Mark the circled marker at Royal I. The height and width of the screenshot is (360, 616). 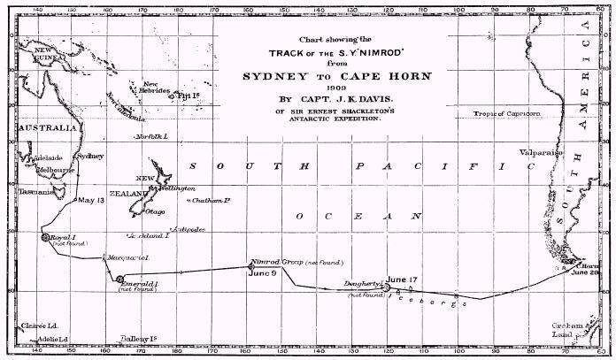45,237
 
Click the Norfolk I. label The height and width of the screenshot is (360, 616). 149,137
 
